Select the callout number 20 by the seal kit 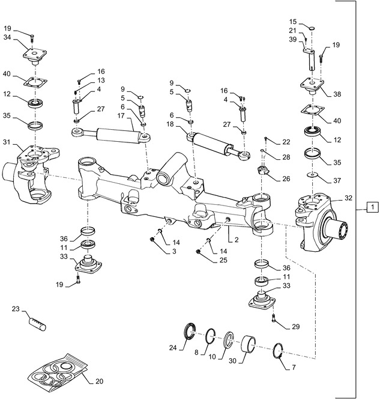tap(99, 380)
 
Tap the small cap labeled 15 tap(312, 26)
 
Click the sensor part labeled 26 tap(263, 171)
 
